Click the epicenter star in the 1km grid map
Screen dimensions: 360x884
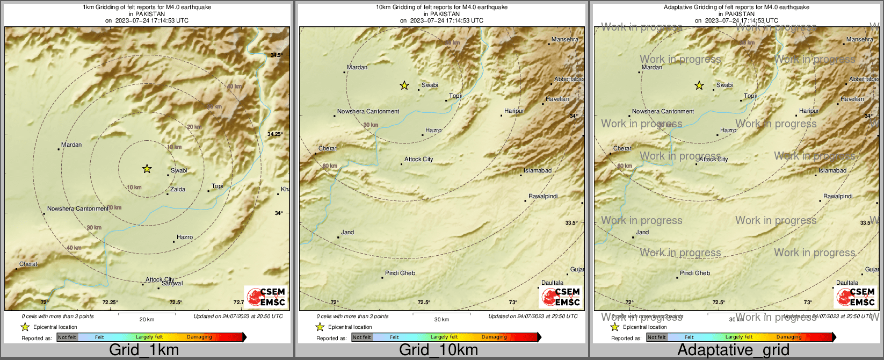point(147,169)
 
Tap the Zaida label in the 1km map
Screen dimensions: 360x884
point(177,190)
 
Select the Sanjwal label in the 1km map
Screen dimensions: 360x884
point(173,284)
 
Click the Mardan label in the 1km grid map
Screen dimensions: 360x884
point(71,145)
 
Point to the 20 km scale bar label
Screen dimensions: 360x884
point(147,320)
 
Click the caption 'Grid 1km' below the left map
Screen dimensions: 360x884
point(144,350)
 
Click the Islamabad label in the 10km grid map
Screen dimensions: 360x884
point(538,171)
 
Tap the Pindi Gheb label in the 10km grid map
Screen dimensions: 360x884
point(400,273)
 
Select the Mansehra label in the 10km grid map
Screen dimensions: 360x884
point(564,40)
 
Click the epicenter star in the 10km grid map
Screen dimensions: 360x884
point(404,85)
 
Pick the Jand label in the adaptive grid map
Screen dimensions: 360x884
point(642,233)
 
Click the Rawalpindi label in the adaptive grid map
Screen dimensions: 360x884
point(838,197)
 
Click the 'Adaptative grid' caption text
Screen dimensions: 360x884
point(733,350)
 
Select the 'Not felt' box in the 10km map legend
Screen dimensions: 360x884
point(362,337)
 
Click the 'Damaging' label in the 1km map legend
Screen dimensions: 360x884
point(199,337)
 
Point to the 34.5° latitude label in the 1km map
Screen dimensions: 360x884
point(276,55)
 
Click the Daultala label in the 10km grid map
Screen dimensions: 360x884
point(552,283)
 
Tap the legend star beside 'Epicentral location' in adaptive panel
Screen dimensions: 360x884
point(615,327)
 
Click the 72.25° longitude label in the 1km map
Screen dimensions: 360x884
point(111,303)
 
